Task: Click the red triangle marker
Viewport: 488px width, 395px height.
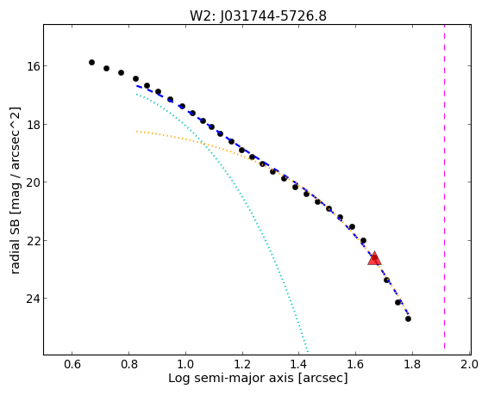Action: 374,258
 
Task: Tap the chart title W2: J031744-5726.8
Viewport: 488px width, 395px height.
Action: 258,15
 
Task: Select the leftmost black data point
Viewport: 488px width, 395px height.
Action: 91,63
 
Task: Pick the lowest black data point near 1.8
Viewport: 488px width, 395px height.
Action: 408,319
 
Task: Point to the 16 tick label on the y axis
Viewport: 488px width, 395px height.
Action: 33,66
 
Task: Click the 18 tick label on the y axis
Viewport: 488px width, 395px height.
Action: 33,125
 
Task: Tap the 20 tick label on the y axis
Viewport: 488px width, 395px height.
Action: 33,182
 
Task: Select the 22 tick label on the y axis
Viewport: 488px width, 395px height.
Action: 33,241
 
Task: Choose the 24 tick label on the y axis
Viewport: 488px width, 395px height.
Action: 33,299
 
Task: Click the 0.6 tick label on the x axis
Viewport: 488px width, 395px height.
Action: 72,364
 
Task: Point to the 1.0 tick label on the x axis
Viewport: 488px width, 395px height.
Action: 185,364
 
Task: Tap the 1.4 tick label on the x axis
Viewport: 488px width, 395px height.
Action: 299,364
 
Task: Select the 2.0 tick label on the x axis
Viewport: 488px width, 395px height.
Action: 470,364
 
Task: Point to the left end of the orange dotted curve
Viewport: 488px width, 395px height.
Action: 136,132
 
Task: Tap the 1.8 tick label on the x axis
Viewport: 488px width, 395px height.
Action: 412,364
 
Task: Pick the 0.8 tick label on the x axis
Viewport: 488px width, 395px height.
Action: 128,364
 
